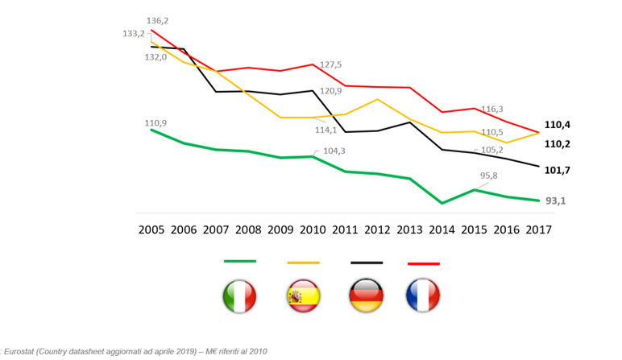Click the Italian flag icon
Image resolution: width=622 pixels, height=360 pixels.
coord(239,296)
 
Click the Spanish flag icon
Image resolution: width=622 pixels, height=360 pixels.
coord(303,296)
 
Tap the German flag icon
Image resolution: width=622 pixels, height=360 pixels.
coord(367,296)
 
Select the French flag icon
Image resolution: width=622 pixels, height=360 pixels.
coord(423,296)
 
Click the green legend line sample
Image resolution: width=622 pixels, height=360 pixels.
coord(239,261)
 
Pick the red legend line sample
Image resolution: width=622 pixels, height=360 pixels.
coord(423,263)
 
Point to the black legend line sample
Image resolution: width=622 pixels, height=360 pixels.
coord(367,263)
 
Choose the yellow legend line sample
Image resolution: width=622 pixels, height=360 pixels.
coord(303,263)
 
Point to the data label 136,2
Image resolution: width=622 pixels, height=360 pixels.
coord(157,20)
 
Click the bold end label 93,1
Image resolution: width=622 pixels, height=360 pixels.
coord(555,201)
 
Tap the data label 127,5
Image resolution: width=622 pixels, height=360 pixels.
coord(331,64)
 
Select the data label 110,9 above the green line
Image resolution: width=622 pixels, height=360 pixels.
coord(155,123)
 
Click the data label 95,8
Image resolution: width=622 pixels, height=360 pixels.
coord(489,176)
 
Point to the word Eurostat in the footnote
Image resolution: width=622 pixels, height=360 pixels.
coord(23,351)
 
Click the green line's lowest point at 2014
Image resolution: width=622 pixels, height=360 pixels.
coord(442,203)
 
